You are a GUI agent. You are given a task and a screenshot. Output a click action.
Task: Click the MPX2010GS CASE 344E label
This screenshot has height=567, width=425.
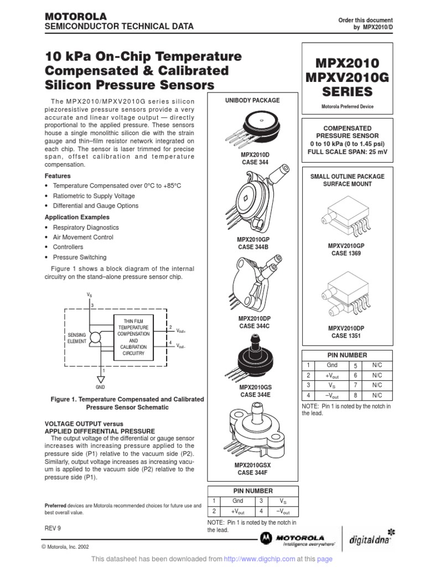pyautogui.click(x=252, y=391)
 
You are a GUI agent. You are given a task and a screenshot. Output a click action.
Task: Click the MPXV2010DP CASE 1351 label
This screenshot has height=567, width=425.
pyautogui.click(x=347, y=332)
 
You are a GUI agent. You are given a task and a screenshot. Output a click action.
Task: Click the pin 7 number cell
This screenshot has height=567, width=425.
pyautogui.click(x=356, y=385)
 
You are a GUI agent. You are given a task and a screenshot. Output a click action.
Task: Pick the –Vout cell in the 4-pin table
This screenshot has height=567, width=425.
pyautogui.click(x=282, y=512)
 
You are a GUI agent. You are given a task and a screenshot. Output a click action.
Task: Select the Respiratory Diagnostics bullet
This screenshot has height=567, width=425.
pyautogui.click(x=85, y=228)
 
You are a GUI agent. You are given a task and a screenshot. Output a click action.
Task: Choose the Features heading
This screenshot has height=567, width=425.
pyautogui.click(x=58, y=176)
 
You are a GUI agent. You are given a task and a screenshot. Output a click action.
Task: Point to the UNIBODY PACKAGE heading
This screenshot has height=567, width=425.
pyautogui.click(x=252, y=100)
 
